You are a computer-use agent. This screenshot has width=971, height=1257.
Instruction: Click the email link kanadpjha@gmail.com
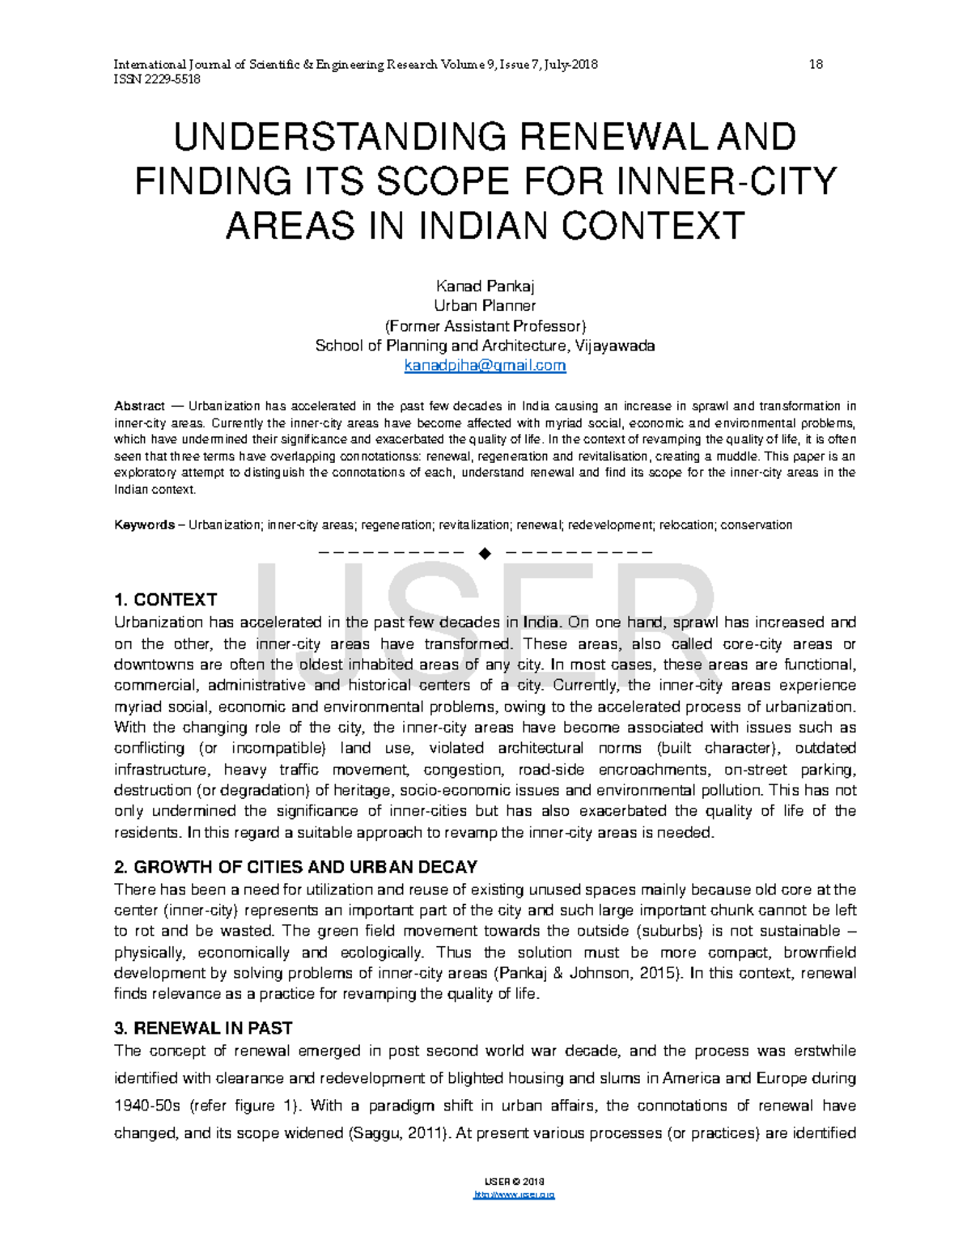coord(485,366)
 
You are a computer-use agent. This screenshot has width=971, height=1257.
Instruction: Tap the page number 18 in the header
coord(816,65)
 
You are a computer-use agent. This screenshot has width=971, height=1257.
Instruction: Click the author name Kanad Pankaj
coord(485,287)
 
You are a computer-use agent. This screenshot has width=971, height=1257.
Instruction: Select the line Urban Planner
coord(485,306)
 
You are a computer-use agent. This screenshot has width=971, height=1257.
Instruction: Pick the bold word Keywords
coord(144,524)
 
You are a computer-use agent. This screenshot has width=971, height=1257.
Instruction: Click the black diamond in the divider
coord(485,554)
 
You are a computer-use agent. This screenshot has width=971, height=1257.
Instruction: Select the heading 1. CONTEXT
coord(166,600)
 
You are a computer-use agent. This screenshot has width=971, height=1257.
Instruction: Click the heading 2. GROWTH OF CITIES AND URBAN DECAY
coord(295,867)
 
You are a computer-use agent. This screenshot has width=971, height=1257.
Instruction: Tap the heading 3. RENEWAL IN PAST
coord(203,1028)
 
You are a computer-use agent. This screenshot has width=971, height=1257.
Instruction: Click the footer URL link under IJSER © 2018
coord(514,1195)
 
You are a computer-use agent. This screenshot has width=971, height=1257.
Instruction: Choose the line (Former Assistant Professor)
coord(485,326)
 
